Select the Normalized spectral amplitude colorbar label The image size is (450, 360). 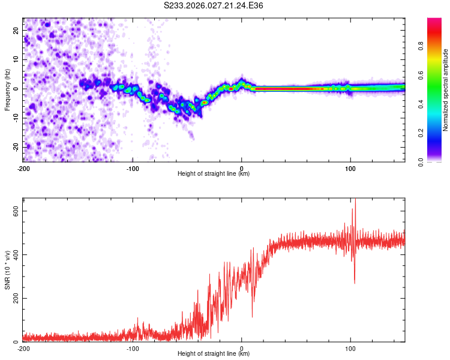[446, 90]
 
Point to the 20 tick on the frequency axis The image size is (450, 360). [16, 30]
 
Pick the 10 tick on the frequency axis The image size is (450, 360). [16, 59]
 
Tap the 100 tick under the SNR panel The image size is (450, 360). [350, 348]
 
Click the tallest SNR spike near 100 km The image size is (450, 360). [355, 200]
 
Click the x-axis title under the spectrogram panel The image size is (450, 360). [214, 174]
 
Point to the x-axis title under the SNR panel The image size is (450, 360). [214, 355]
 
